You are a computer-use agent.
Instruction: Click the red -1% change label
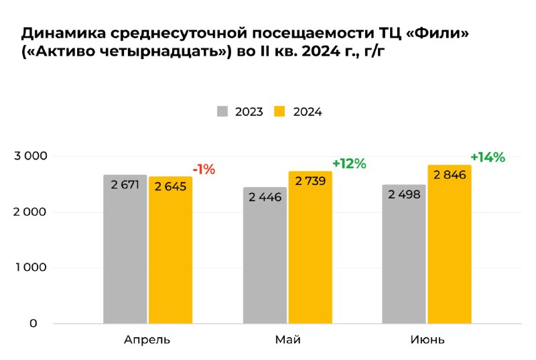click(204, 170)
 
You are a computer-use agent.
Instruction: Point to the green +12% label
click(349, 164)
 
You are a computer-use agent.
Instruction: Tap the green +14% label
click(487, 157)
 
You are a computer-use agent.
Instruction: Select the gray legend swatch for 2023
click(223, 111)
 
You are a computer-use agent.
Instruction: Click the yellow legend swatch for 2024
click(281, 111)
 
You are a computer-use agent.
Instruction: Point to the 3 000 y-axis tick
click(31, 156)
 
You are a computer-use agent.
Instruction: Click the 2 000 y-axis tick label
click(31, 212)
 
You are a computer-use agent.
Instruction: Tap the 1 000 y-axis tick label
click(31, 267)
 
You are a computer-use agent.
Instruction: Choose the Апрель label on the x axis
click(147, 340)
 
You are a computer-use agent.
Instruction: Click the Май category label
click(287, 339)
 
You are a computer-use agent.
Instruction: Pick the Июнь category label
click(427, 339)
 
